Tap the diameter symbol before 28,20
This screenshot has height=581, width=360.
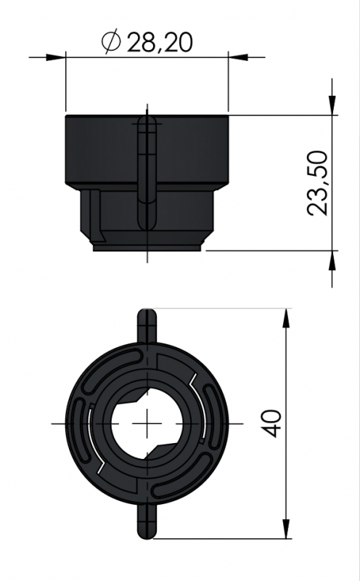pos(111,43)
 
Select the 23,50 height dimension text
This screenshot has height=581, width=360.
pos(318,183)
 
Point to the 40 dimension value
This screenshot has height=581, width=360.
pos(271,423)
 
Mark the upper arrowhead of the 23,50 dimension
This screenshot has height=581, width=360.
pos(332,103)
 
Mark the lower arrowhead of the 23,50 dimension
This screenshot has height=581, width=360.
pos(332,263)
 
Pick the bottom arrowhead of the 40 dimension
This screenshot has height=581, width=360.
pos(287,529)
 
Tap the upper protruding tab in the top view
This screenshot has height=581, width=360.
pos(147,325)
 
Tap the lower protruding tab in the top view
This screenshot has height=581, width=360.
pos(147,521)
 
